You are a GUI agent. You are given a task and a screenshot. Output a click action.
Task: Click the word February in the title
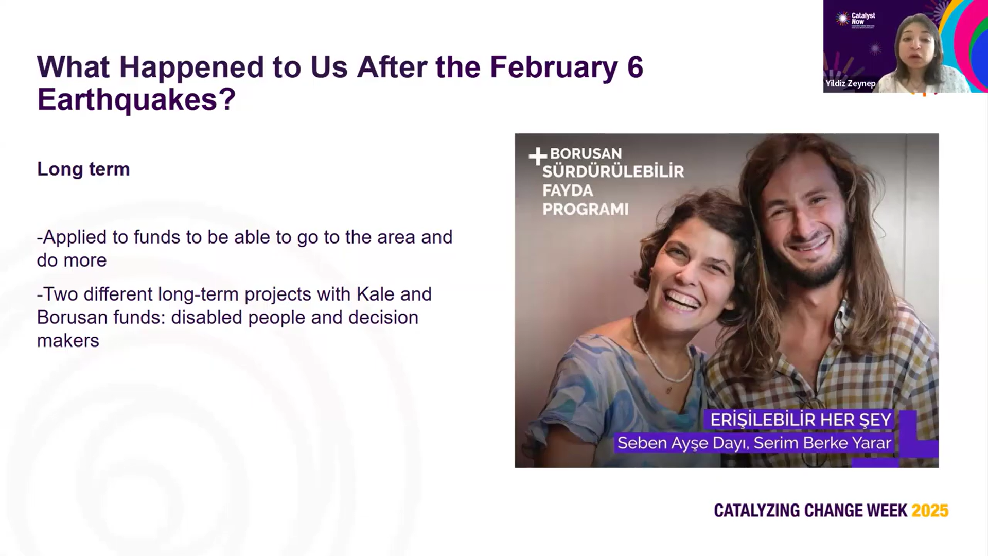coord(553,67)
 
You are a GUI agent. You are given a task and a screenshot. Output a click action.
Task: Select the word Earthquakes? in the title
coord(136,99)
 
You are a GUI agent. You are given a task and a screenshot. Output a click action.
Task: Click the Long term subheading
coord(83,169)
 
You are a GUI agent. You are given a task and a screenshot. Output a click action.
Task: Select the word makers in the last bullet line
coord(68,341)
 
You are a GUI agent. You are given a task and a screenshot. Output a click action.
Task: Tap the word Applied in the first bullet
coord(75,238)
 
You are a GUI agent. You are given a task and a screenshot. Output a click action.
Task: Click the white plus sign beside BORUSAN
coord(538,157)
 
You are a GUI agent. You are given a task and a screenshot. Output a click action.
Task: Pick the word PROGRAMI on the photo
coord(586,209)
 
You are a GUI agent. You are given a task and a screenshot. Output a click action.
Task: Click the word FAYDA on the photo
coord(568,190)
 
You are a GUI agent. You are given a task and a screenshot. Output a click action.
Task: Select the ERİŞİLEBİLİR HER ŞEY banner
coord(801,420)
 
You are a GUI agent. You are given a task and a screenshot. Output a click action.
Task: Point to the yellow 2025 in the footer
coord(930,511)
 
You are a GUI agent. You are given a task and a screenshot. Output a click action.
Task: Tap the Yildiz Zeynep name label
coord(850,83)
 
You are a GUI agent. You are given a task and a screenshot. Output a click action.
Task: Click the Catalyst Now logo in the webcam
coord(855,20)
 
